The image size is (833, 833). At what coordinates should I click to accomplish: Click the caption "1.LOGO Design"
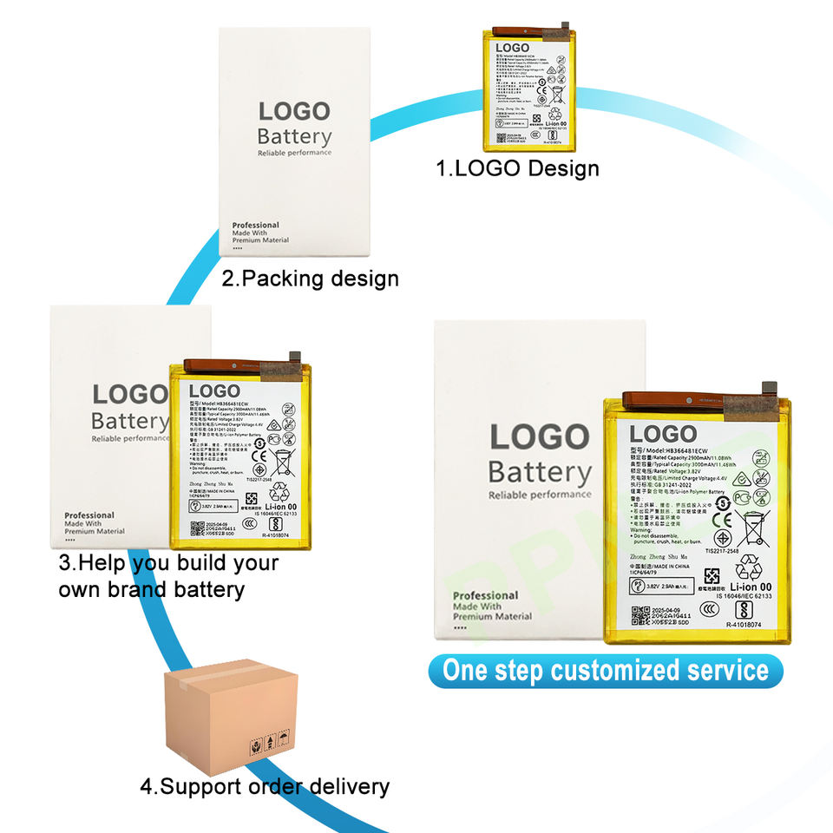(517, 167)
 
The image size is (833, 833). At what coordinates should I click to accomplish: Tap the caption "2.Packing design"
(310, 279)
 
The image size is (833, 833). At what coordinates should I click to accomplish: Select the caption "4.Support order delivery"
(265, 787)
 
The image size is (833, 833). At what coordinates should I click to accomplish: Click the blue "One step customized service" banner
(605, 671)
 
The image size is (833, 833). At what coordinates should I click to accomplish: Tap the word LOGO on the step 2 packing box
(294, 111)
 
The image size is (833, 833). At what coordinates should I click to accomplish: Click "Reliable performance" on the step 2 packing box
(294, 153)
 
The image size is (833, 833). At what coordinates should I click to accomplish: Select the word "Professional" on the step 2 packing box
(255, 226)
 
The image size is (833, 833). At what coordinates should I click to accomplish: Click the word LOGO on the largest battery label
(663, 434)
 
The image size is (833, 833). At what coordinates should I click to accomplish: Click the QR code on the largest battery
(640, 617)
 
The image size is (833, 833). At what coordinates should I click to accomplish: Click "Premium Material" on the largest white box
(492, 616)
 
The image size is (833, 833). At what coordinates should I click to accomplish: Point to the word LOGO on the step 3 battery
(213, 391)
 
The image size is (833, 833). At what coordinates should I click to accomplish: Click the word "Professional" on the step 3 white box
(89, 515)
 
